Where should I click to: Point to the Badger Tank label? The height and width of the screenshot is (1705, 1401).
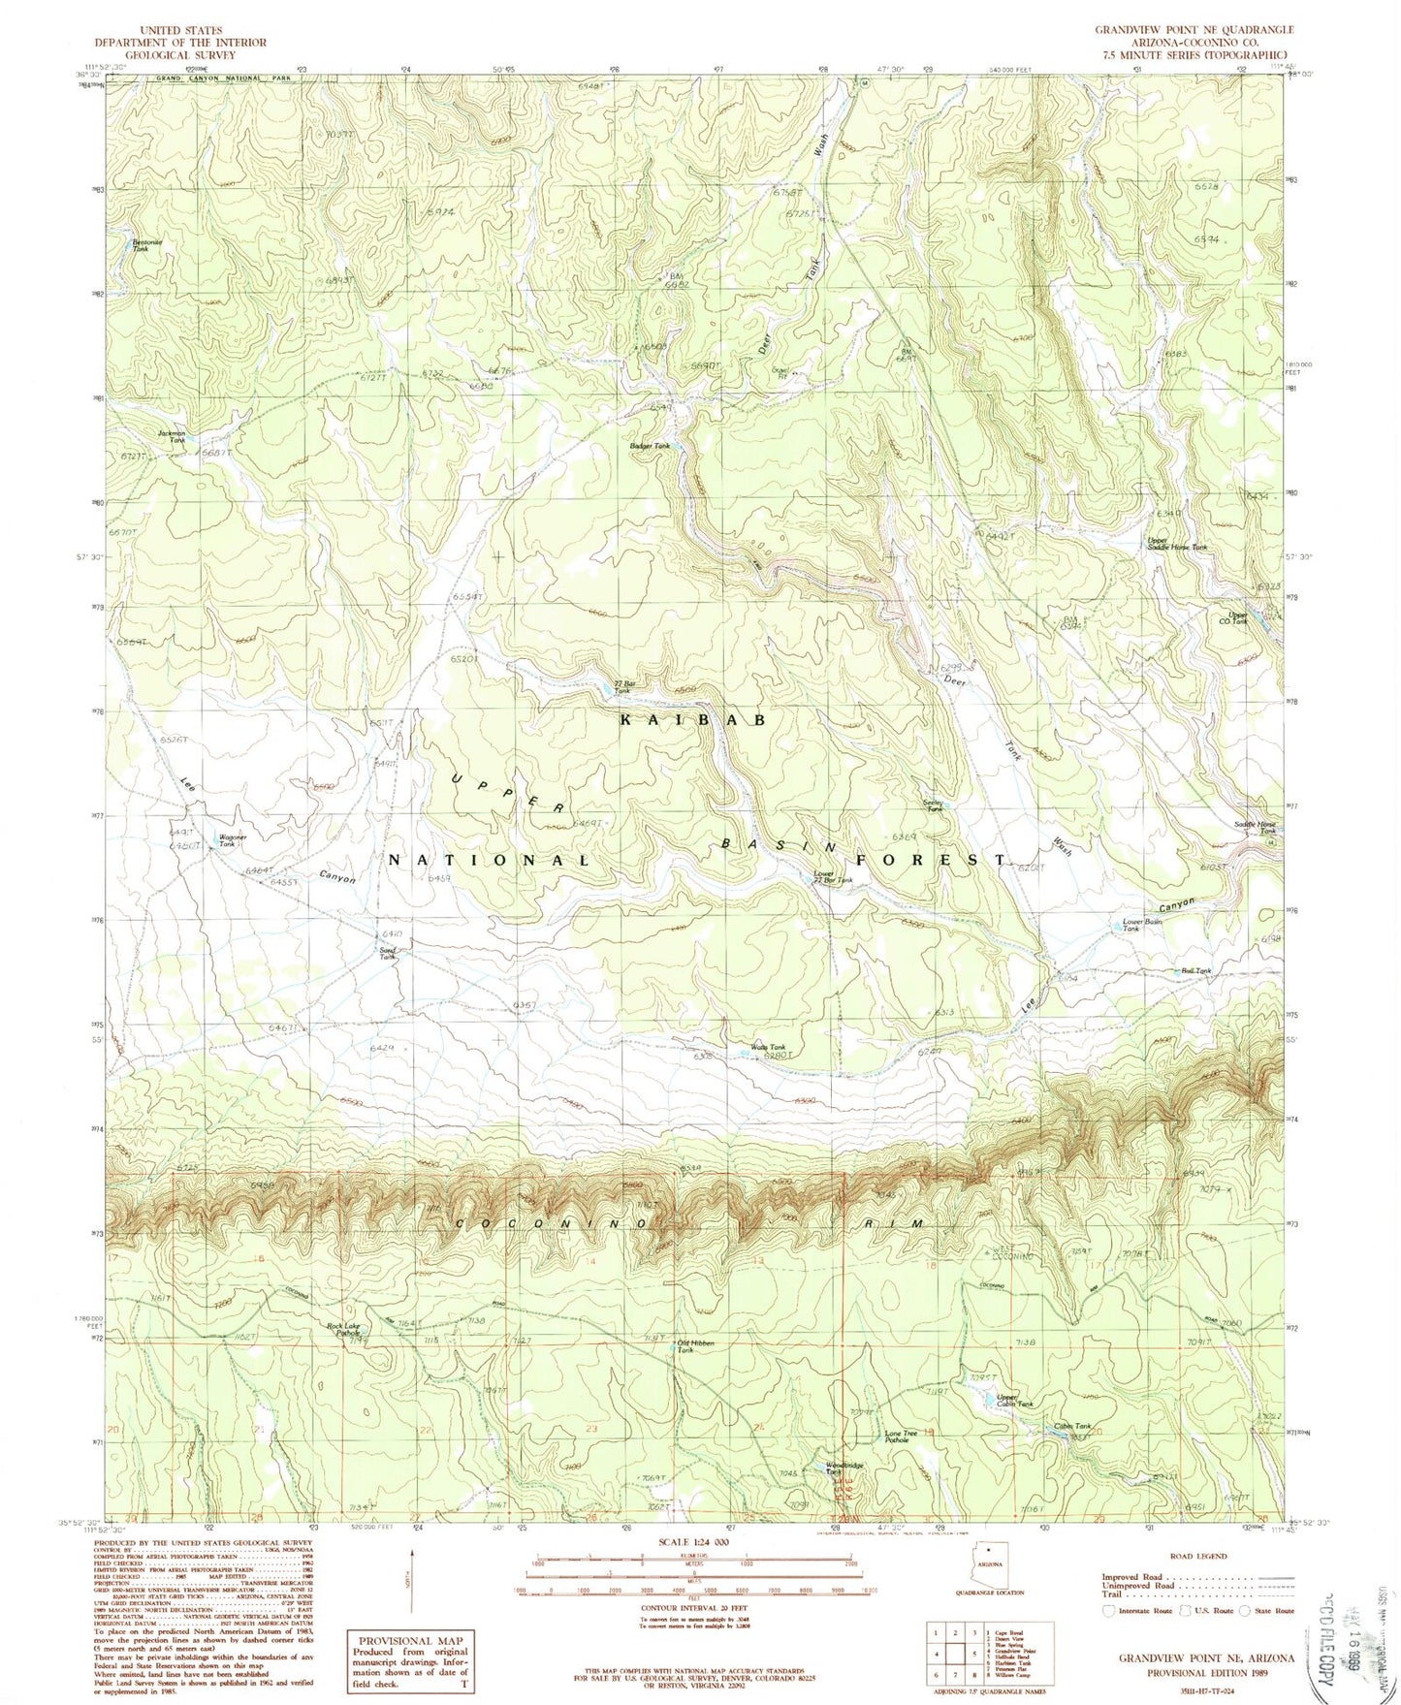(x=650, y=446)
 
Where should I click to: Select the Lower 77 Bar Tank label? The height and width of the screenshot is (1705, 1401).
(x=832, y=878)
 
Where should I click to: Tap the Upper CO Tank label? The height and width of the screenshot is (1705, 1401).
(x=1238, y=617)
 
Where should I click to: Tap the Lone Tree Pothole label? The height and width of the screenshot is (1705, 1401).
(x=901, y=1437)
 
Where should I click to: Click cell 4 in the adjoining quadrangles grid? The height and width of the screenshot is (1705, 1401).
(x=936, y=1647)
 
